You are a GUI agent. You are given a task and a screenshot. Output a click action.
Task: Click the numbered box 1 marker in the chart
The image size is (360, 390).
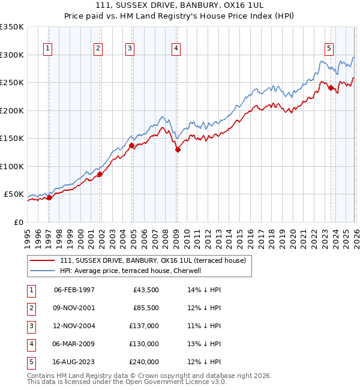47,49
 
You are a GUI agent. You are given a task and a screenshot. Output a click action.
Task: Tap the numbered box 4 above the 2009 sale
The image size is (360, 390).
176,49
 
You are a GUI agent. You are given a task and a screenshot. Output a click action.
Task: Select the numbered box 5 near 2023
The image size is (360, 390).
329,49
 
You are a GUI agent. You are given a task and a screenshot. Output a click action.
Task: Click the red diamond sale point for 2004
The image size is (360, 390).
131,145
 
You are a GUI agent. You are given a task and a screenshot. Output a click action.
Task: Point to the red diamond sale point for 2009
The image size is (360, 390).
178,150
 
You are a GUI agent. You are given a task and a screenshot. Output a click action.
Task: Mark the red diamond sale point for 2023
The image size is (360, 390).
331,88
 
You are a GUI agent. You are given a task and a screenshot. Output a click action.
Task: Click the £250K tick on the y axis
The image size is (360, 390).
12,83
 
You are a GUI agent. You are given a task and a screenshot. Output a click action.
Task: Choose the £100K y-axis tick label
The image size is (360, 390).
12,166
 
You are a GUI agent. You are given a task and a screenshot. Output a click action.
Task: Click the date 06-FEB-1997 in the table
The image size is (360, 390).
74,290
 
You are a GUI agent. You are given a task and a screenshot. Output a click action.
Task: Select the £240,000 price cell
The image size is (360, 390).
143,362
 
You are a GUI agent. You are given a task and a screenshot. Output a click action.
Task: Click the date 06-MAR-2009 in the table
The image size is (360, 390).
74,344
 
